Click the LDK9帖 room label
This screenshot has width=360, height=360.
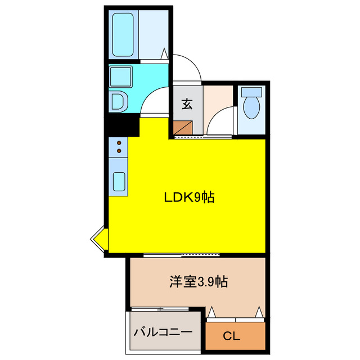[188, 197]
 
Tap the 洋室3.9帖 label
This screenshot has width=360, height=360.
[199, 282]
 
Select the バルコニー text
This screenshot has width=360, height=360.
[163, 332]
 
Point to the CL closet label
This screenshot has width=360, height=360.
[231, 337]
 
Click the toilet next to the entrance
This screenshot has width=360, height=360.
[251, 103]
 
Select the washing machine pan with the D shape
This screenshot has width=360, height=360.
[120, 101]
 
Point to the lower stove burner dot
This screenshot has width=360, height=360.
[119, 152]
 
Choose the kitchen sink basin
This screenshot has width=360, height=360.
[120, 182]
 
